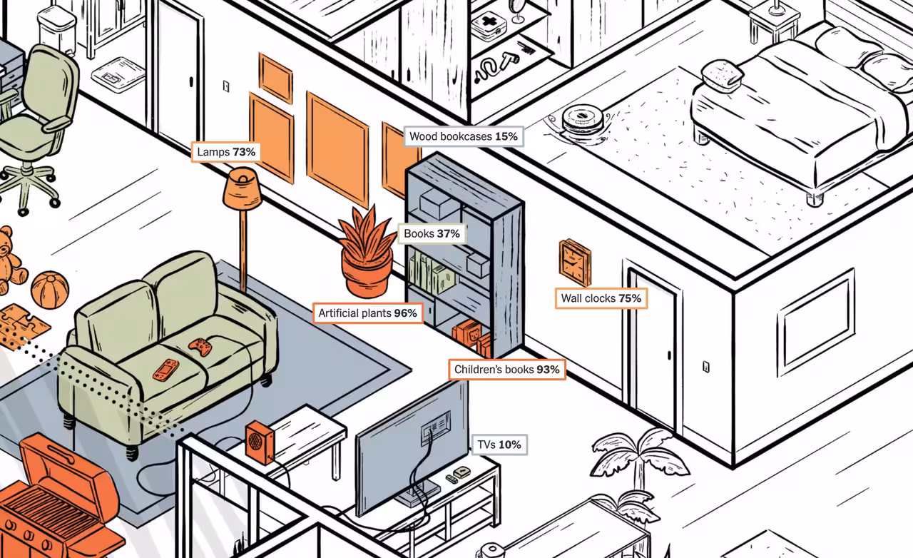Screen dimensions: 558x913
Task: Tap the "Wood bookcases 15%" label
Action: [x=464, y=136]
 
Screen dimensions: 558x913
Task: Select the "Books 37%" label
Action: [x=432, y=233]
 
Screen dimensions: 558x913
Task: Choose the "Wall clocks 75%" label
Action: [x=601, y=298]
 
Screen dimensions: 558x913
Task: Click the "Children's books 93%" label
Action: [x=507, y=370]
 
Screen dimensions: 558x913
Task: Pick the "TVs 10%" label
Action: [x=499, y=445]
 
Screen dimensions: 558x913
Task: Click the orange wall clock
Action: [x=575, y=262]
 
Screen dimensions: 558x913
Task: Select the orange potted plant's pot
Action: [x=366, y=275]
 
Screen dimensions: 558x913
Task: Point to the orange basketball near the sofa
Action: [x=50, y=289]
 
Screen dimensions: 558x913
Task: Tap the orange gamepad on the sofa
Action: [x=200, y=347]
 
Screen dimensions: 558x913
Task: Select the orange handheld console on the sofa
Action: [x=165, y=370]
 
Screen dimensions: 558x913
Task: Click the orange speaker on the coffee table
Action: [x=258, y=442]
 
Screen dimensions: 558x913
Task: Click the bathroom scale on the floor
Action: [x=118, y=73]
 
